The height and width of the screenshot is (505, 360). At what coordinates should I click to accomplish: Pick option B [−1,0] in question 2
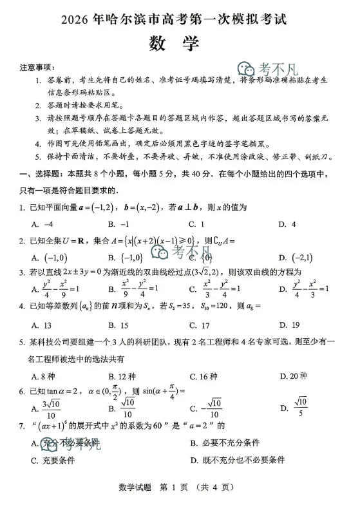124,258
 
